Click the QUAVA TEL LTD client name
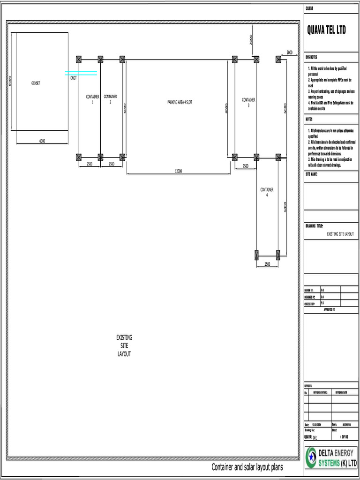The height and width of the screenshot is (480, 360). (x=326, y=30)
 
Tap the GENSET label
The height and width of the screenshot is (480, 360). (x=36, y=83)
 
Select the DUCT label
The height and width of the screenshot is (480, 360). (x=74, y=78)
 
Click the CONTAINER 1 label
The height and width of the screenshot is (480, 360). (x=92, y=99)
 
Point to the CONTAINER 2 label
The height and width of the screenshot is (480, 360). (x=110, y=99)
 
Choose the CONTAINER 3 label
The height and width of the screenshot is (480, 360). (x=248, y=102)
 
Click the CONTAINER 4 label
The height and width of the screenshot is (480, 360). (x=267, y=192)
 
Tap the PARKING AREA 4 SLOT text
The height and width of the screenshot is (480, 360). (x=180, y=102)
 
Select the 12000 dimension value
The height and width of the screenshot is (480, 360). (x=178, y=172)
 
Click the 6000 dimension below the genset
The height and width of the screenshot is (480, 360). (x=42, y=141)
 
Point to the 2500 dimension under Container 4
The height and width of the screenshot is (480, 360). (x=267, y=264)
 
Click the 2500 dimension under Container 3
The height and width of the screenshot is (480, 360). (x=245, y=166)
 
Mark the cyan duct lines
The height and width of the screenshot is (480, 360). (x=81, y=73)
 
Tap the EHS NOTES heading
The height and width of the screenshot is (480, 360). (x=311, y=56)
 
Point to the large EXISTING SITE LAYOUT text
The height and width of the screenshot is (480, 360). (x=124, y=345)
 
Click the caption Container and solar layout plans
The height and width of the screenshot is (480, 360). (x=247, y=467)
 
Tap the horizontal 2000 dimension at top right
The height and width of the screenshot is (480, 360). (x=289, y=52)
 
